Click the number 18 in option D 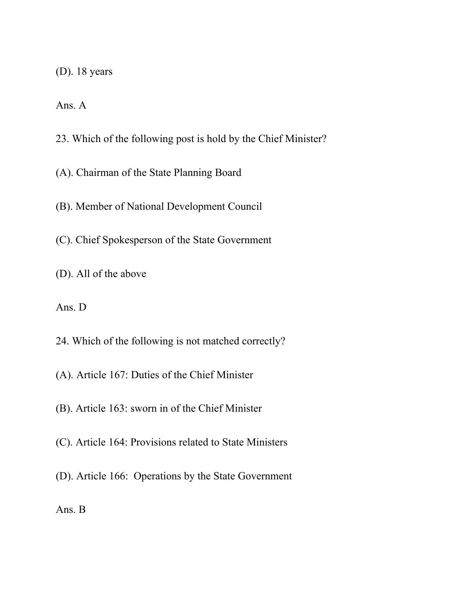pyautogui.click(x=81, y=71)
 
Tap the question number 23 pyautogui.click(x=61, y=139)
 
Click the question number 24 pyautogui.click(x=61, y=341)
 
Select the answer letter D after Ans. pyautogui.click(x=82, y=308)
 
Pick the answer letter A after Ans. pyautogui.click(x=82, y=105)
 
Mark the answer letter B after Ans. pyautogui.click(x=82, y=509)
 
